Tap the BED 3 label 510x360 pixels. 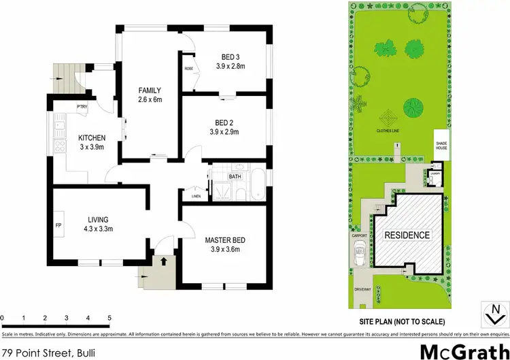click(x=228, y=57)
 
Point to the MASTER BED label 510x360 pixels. click(x=224, y=240)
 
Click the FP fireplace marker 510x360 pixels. click(x=58, y=223)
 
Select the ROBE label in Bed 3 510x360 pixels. click(x=188, y=69)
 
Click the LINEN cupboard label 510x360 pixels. click(x=196, y=197)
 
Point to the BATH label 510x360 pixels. click(x=235, y=176)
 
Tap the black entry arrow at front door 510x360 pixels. click(x=163, y=259)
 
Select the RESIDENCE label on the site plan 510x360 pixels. click(x=407, y=235)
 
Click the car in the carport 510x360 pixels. click(x=358, y=257)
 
